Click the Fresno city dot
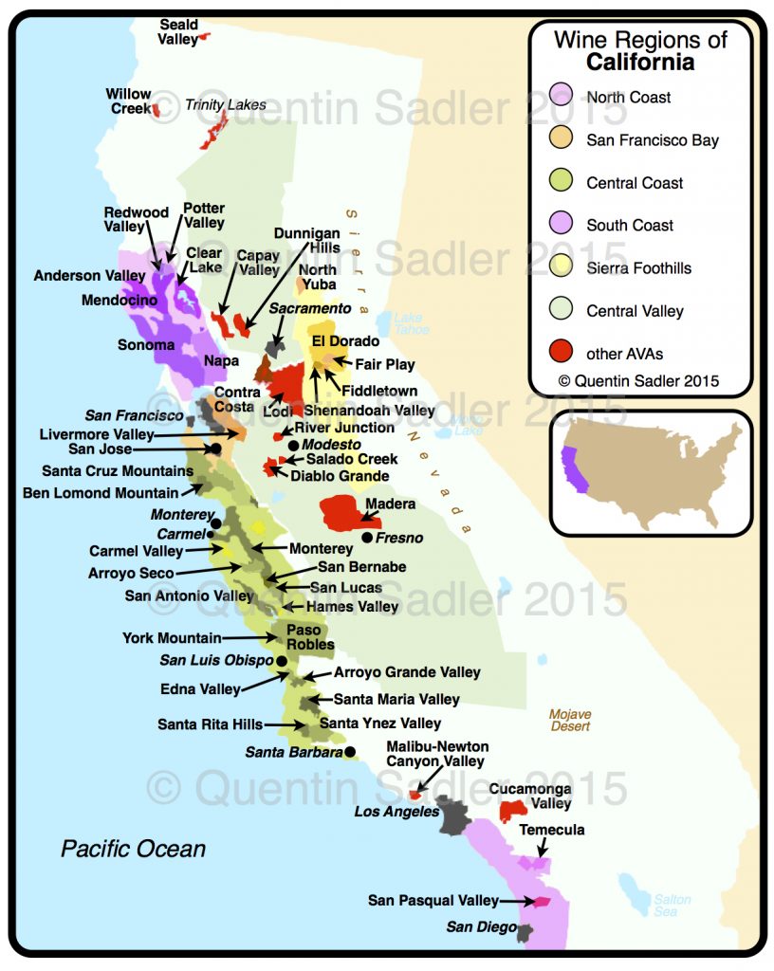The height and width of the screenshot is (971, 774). (367, 538)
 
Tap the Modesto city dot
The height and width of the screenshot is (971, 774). (293, 445)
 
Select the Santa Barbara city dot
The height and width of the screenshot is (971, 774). (350, 752)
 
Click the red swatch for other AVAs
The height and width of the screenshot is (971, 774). (562, 354)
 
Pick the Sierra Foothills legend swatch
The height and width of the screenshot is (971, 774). (562, 268)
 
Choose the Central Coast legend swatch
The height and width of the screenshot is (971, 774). (562, 182)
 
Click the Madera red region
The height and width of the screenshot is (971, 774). (347, 513)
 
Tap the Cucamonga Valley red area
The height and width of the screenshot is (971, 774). (513, 809)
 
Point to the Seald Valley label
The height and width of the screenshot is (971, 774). (179, 32)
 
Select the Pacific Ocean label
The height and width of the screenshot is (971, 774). (134, 848)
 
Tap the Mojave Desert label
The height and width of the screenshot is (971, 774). (570, 720)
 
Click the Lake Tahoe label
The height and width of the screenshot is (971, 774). (409, 323)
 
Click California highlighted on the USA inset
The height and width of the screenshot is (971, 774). (576, 468)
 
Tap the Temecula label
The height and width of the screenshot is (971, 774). (552, 830)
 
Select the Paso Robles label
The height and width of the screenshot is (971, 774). (309, 637)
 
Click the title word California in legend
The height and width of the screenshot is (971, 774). (639, 63)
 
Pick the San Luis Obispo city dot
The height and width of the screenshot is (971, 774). (282, 660)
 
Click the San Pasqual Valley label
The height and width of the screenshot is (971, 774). (433, 901)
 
